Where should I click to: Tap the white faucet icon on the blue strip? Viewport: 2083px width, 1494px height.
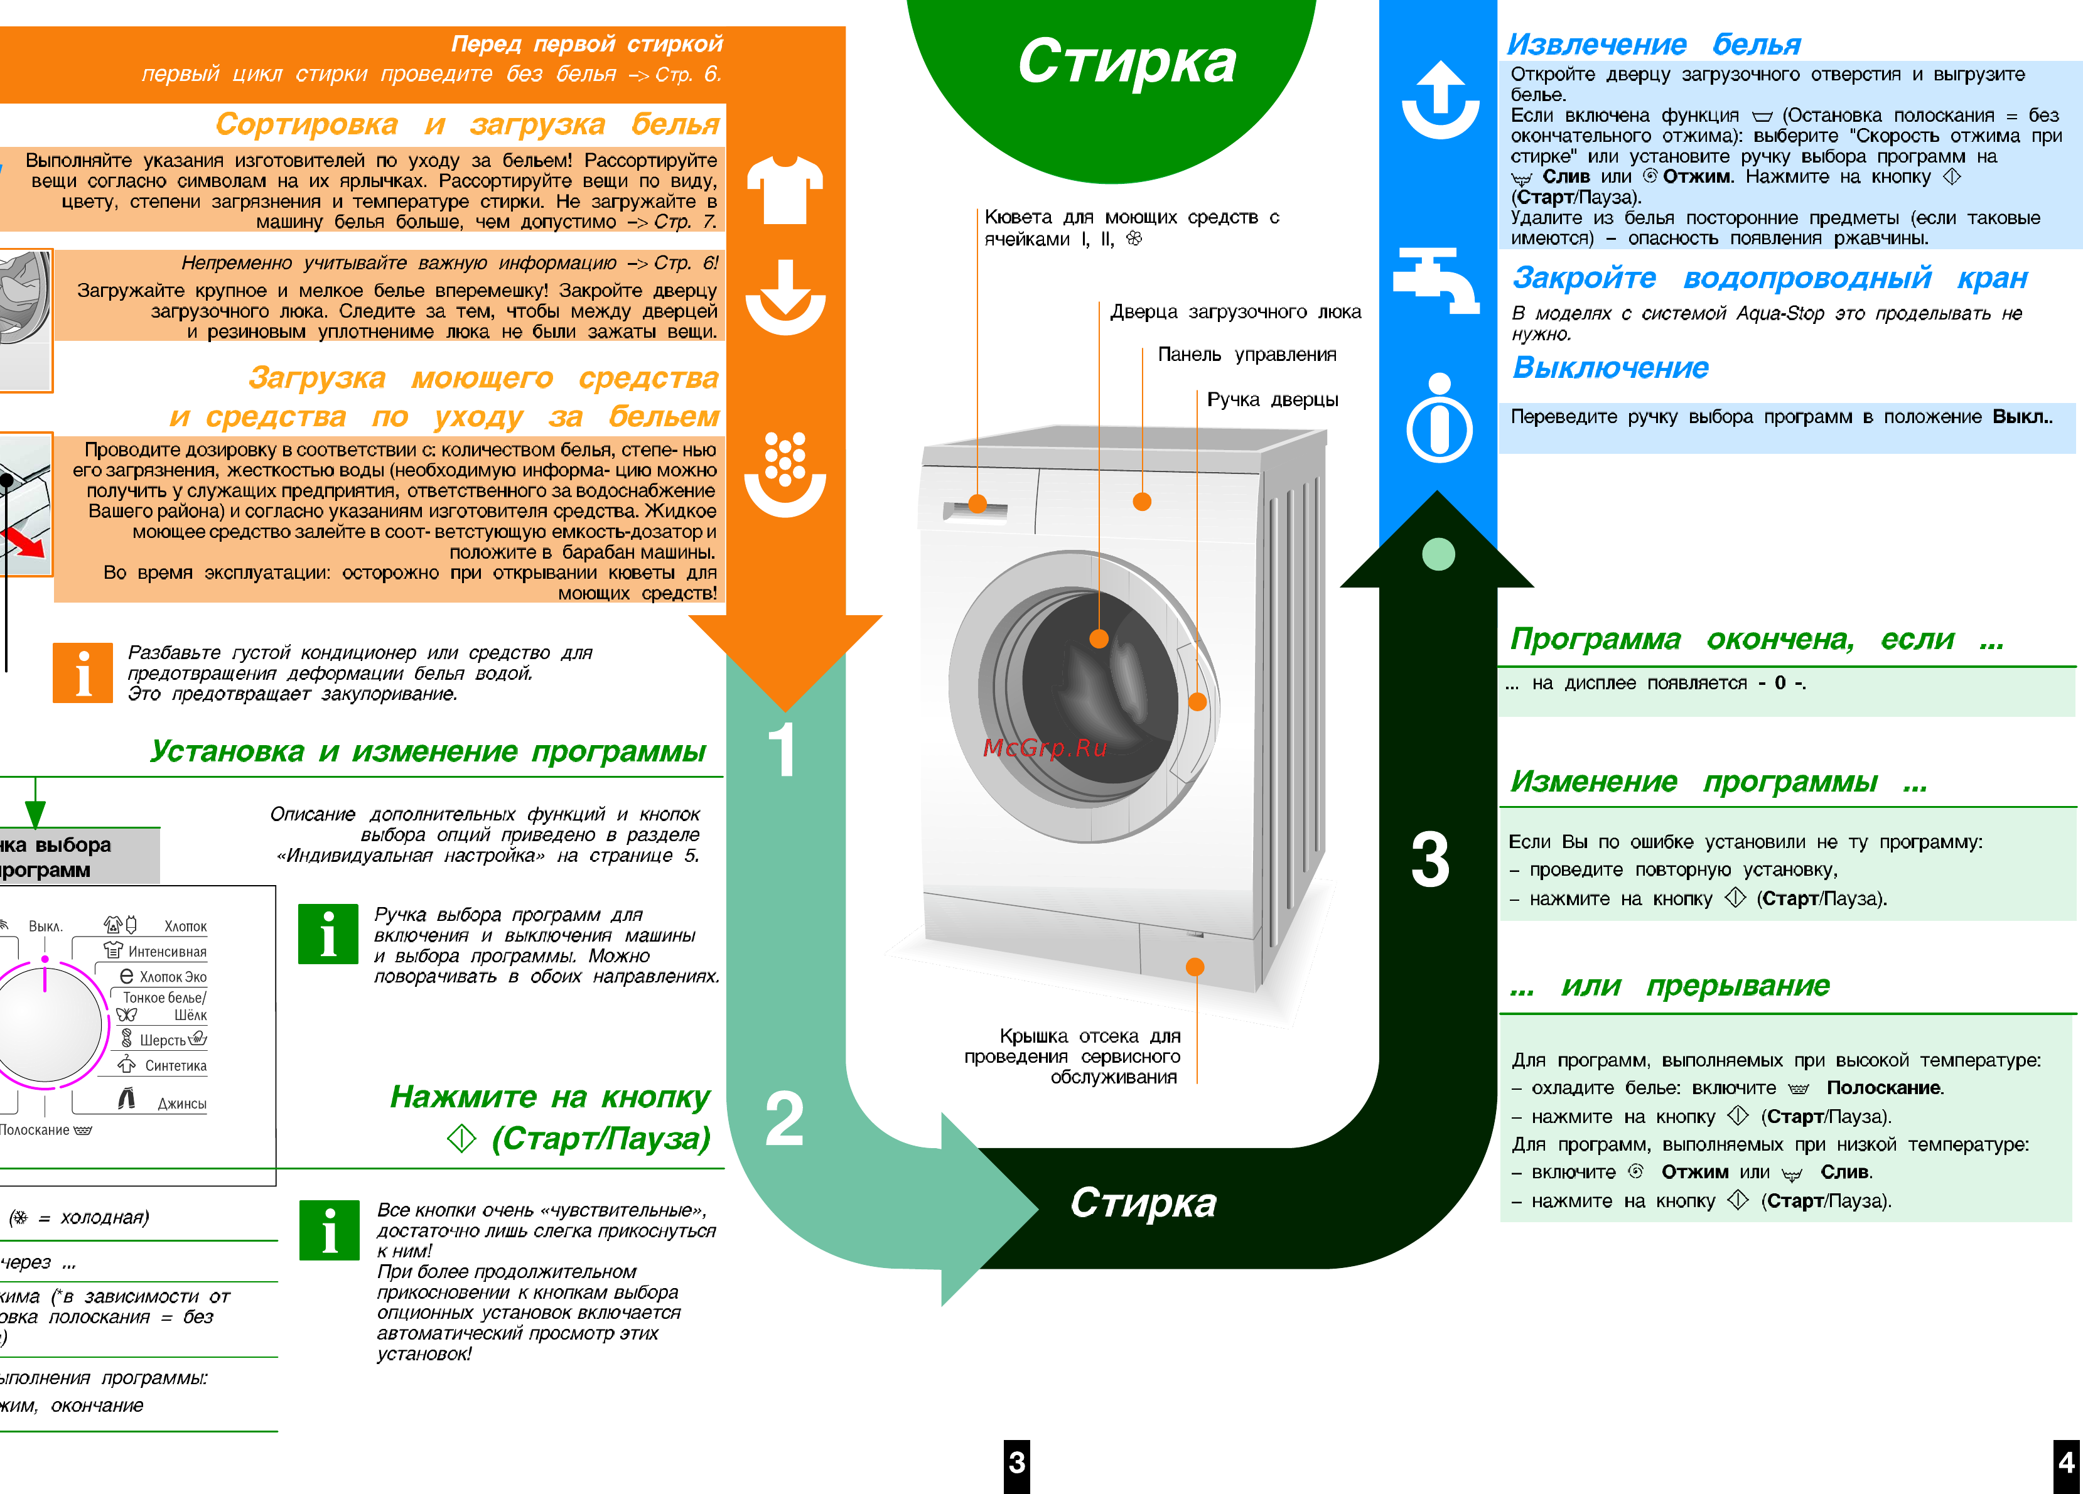[x=1436, y=279]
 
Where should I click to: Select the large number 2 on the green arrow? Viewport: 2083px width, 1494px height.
[x=783, y=1119]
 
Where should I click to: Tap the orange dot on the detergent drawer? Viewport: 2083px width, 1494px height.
[x=977, y=503]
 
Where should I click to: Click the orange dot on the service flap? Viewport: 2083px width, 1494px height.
[x=1195, y=966]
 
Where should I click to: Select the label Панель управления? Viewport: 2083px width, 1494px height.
[x=1246, y=355]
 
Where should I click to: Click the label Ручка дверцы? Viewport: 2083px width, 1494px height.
[x=1272, y=399]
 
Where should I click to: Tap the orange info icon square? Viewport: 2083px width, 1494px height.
[x=83, y=672]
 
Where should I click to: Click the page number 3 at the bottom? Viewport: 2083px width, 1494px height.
[x=1017, y=1462]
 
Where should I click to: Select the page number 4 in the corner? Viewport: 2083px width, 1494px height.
[x=2067, y=1462]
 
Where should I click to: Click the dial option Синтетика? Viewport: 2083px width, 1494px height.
[x=175, y=1065]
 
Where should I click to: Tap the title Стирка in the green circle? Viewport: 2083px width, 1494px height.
[x=1127, y=62]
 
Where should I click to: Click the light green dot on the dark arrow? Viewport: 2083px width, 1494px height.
[x=1438, y=554]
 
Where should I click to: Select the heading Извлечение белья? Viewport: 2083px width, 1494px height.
[x=1653, y=44]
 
